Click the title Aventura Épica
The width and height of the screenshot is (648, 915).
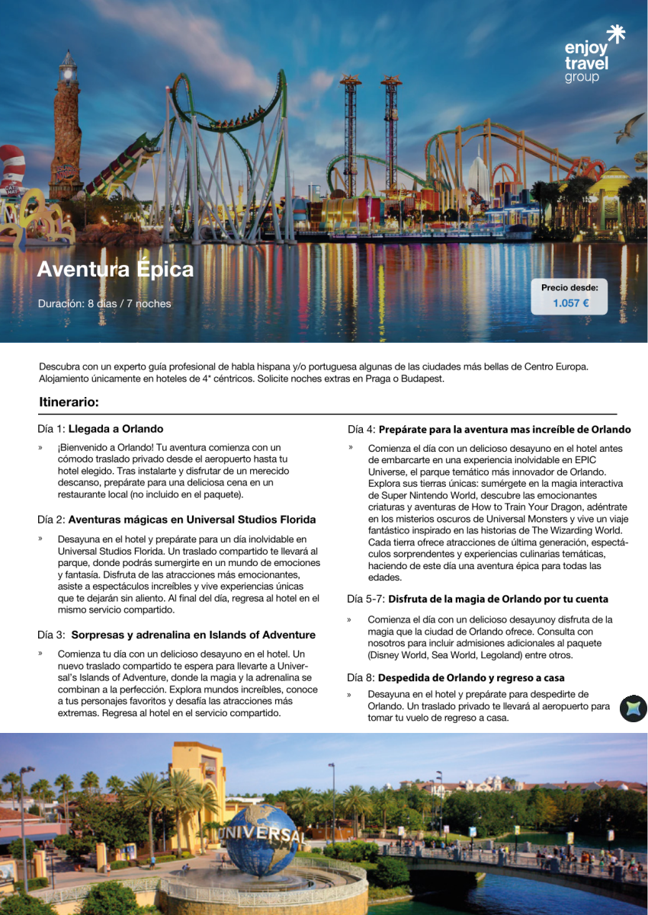(x=115, y=270)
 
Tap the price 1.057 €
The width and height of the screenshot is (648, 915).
(x=570, y=303)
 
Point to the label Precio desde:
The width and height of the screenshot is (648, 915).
(x=569, y=287)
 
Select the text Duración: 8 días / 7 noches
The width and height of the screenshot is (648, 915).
(x=104, y=304)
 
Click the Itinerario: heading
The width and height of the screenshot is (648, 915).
(x=69, y=402)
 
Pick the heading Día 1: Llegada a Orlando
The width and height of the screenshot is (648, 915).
(x=100, y=429)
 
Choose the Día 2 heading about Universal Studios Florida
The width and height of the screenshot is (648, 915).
(x=176, y=520)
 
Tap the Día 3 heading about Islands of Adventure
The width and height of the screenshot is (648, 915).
(x=176, y=635)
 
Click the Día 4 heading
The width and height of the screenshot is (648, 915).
(x=489, y=430)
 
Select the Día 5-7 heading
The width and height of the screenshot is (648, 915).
(x=477, y=599)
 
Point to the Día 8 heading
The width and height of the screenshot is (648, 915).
(x=455, y=677)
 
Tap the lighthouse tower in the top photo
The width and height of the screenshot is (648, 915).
(x=66, y=126)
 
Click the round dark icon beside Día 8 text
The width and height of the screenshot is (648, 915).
(x=633, y=709)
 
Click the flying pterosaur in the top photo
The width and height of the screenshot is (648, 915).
(x=629, y=128)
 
